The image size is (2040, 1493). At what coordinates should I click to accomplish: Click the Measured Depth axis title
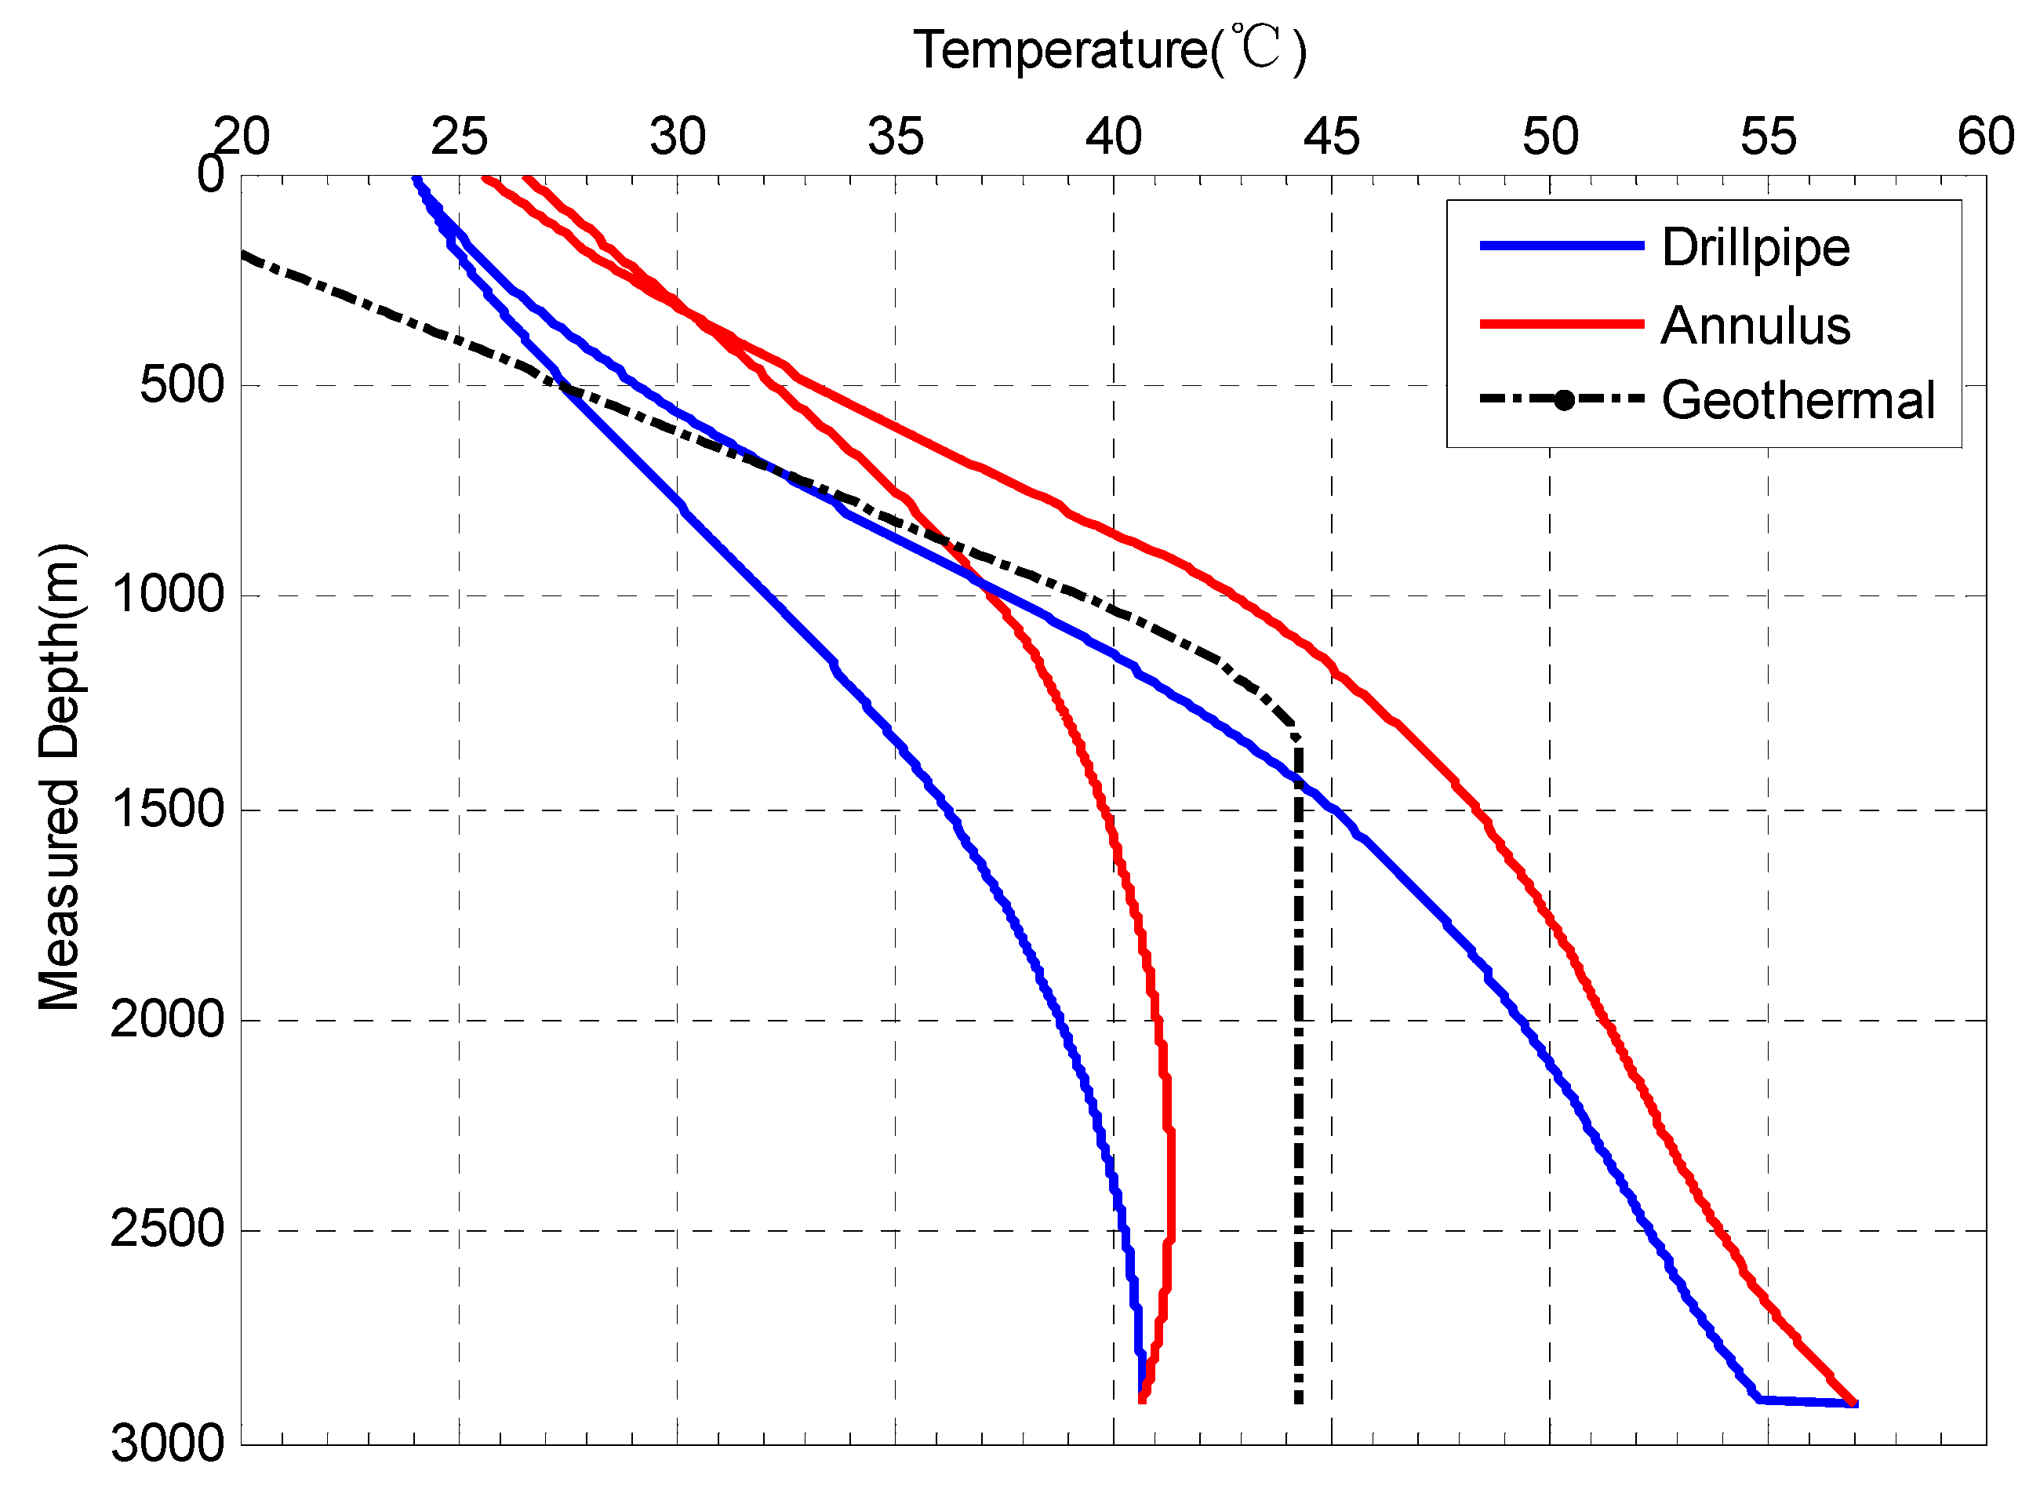coord(60,777)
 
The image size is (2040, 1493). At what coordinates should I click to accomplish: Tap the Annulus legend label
coord(1755,326)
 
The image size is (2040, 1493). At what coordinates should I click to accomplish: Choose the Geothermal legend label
coord(1797,400)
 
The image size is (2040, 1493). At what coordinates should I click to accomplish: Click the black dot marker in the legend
coord(1563,400)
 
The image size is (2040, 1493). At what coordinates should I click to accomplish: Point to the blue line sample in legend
coord(1560,246)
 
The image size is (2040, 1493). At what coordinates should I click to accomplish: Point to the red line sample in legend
coord(1560,323)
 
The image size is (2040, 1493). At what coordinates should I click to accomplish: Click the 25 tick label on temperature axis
coord(459,137)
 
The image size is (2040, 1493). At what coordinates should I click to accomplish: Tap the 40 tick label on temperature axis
coord(1113,137)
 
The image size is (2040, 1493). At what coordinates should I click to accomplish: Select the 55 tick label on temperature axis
coord(1768,137)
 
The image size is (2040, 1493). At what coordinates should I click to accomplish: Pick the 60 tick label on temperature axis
coord(1986,137)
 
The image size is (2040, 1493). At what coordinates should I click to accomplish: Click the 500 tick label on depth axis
coord(182,386)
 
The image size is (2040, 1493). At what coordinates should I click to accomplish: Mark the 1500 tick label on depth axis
coord(167,810)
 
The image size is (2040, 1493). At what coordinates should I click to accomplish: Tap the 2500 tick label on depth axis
coord(167,1230)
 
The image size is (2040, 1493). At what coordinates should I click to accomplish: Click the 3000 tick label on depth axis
coord(167,1444)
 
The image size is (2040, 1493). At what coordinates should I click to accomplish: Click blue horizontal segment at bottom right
coord(1807,1402)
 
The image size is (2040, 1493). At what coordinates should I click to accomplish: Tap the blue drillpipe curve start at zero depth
coord(416,179)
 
